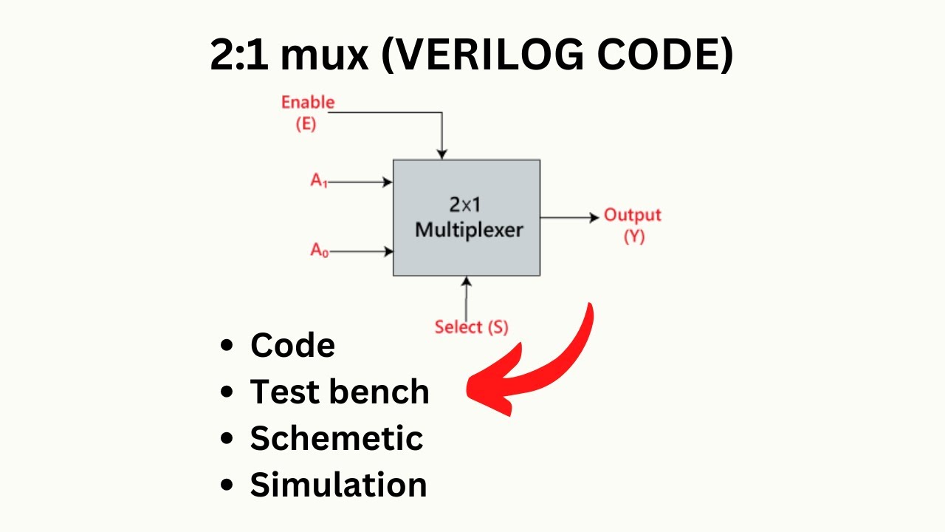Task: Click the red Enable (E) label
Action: point(307,112)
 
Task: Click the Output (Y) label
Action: point(633,225)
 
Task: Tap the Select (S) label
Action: point(471,327)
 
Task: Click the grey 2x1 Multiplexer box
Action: point(467,218)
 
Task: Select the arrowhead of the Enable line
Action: point(441,154)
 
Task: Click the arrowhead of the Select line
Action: point(466,282)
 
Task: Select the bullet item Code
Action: point(292,345)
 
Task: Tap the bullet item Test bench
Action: point(340,392)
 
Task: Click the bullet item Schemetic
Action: point(337,438)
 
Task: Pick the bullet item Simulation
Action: point(338,485)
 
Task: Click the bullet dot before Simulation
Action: point(228,485)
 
